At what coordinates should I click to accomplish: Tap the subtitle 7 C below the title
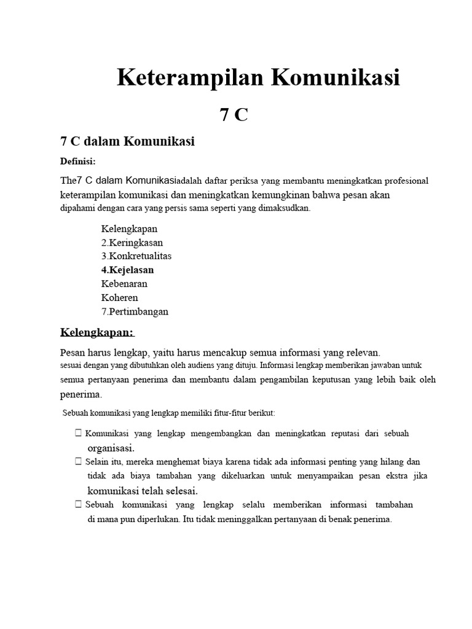(234, 114)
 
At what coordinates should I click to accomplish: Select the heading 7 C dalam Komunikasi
(127, 141)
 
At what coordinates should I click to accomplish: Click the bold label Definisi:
(77, 162)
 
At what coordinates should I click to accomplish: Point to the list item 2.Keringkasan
(132, 242)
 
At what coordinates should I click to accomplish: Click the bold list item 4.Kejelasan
(127, 270)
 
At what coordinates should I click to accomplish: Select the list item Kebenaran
(124, 284)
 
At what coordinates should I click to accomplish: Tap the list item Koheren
(119, 297)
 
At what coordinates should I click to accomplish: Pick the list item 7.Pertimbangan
(135, 311)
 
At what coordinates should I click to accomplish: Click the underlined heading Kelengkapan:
(96, 332)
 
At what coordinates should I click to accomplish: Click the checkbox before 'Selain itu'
(79, 461)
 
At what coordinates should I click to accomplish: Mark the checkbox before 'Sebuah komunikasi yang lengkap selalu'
(79, 504)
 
